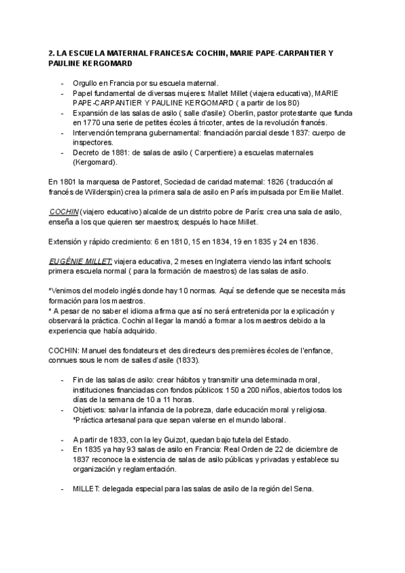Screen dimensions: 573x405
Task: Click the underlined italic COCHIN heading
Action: [63, 211]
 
